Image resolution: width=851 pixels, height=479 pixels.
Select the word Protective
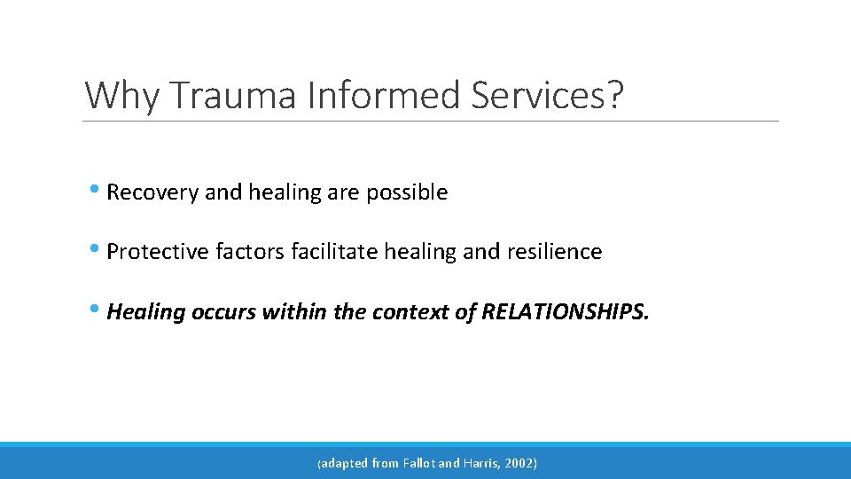click(158, 252)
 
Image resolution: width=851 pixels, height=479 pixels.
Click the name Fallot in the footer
click(419, 463)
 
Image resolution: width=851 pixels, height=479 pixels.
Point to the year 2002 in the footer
click(521, 463)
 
